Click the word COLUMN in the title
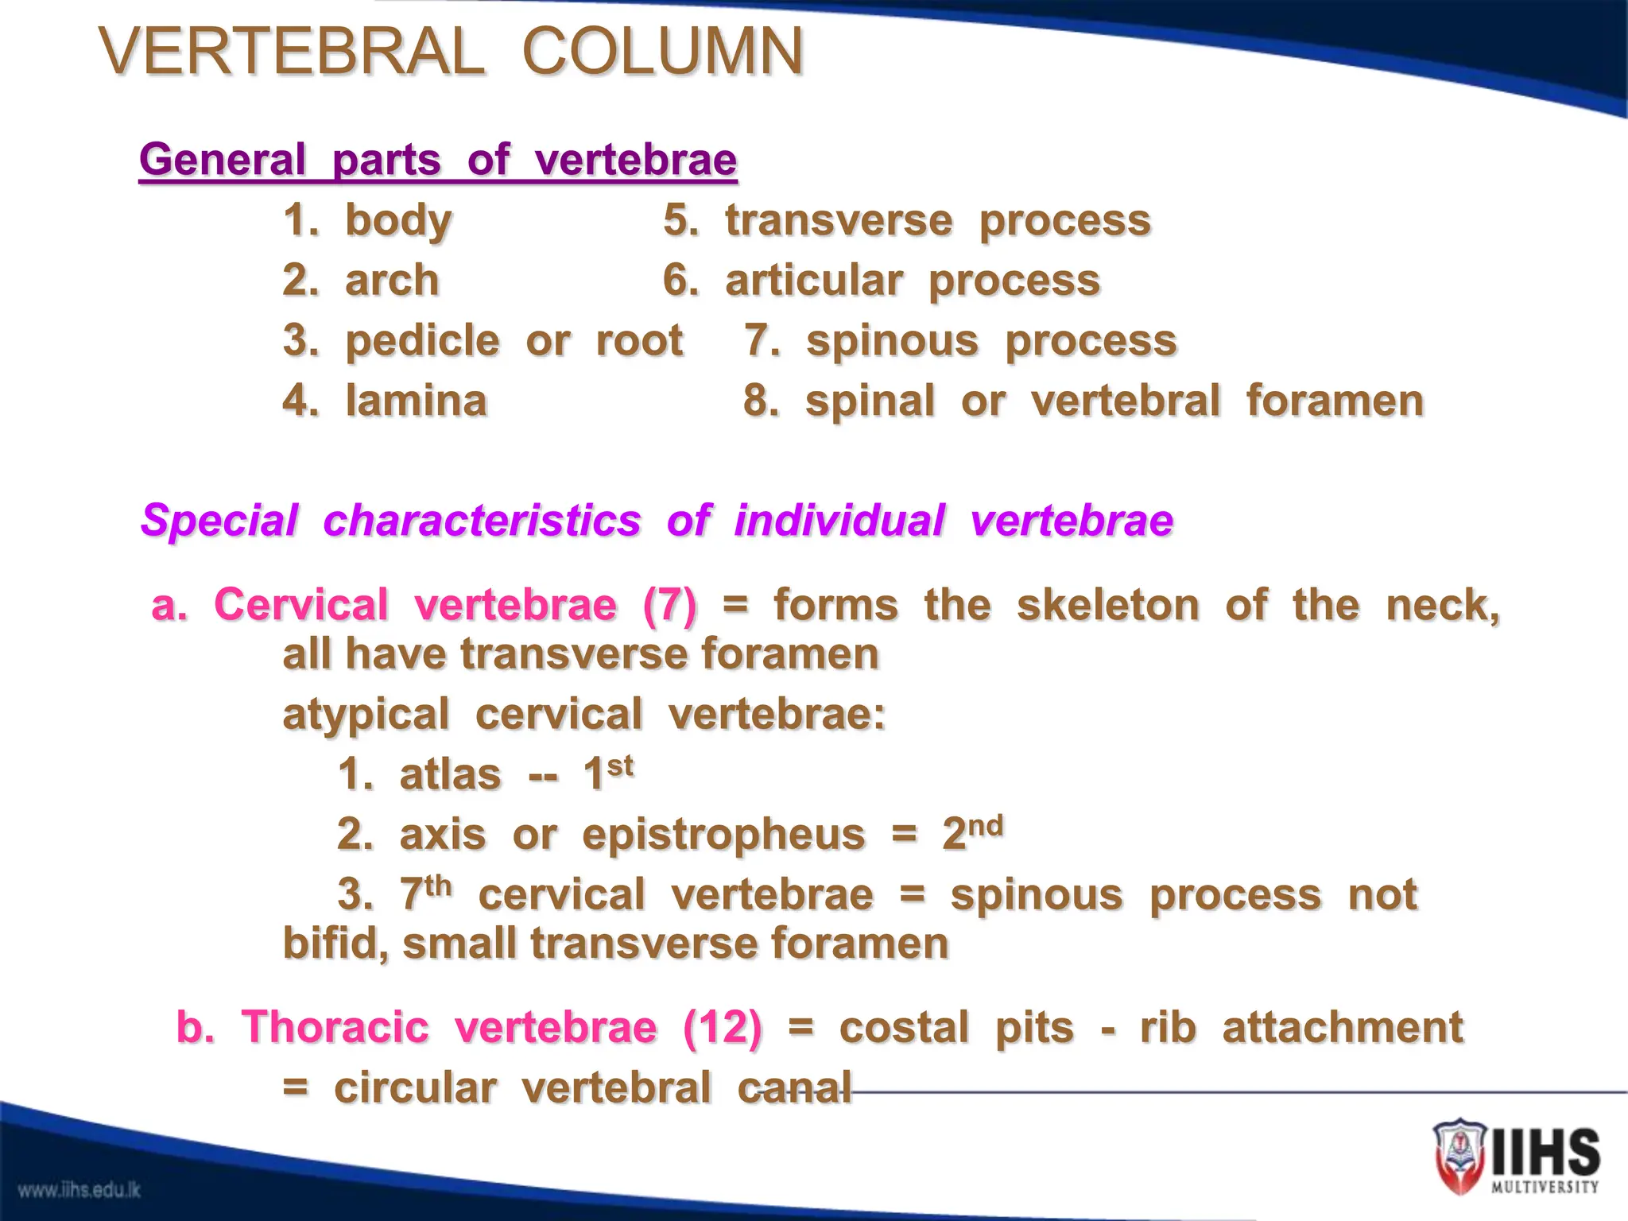coord(662,52)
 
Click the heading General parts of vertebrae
coord(438,160)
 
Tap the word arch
coord(392,281)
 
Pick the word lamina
coord(416,401)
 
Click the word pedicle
coord(422,341)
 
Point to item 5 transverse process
coord(907,220)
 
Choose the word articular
coord(813,281)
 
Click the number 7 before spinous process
coord(756,341)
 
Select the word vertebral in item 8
coord(1125,401)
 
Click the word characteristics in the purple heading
coord(482,521)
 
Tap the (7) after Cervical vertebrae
coord(669,605)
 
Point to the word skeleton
coord(1107,605)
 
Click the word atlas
coord(450,774)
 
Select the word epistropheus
coord(723,835)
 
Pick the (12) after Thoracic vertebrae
coord(722,1027)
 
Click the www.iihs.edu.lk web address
coord(79,1190)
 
